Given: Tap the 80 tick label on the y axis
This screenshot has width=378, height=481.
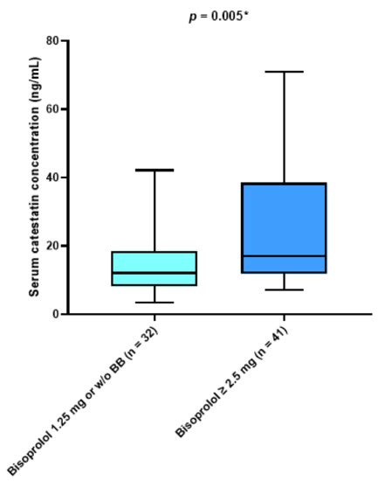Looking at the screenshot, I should tap(52, 41).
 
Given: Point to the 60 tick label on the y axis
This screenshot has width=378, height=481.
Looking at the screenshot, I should tap(52, 109).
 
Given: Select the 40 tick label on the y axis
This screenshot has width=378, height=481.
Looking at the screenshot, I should tap(52, 178).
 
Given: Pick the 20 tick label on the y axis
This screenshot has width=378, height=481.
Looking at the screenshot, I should tap(52, 246).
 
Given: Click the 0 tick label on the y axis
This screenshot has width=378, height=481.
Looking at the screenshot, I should tap(56, 314).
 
